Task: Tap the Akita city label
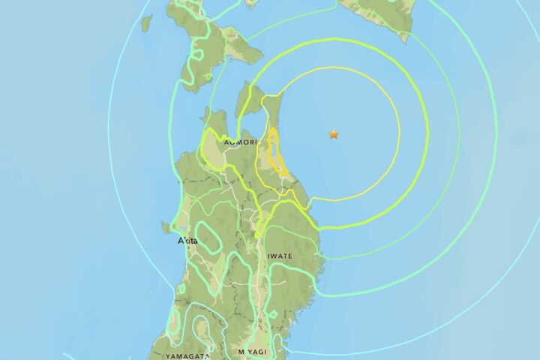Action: [x=187, y=241]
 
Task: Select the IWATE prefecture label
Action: [x=278, y=256]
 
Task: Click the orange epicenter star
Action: [x=334, y=134]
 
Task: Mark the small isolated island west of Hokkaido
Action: [x=146, y=23]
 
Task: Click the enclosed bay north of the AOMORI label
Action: [x=251, y=120]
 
